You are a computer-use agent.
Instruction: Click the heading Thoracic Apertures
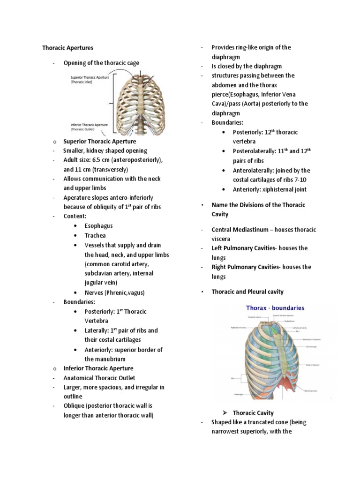tap(67, 48)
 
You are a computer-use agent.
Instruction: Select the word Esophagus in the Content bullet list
tap(98, 226)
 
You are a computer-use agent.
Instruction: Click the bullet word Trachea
tap(95, 235)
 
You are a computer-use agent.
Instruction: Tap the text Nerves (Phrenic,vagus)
tap(114, 292)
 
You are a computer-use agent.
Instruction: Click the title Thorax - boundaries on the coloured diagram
tap(275, 308)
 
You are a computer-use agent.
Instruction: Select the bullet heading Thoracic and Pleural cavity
tap(247, 292)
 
